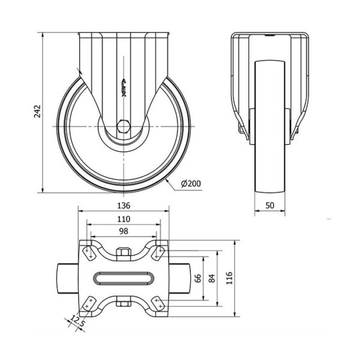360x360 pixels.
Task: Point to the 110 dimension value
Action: click(x=124, y=220)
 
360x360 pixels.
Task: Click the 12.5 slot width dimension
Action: click(x=77, y=322)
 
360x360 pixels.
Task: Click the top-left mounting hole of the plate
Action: click(x=89, y=251)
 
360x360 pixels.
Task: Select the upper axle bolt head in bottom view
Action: click(x=124, y=254)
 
